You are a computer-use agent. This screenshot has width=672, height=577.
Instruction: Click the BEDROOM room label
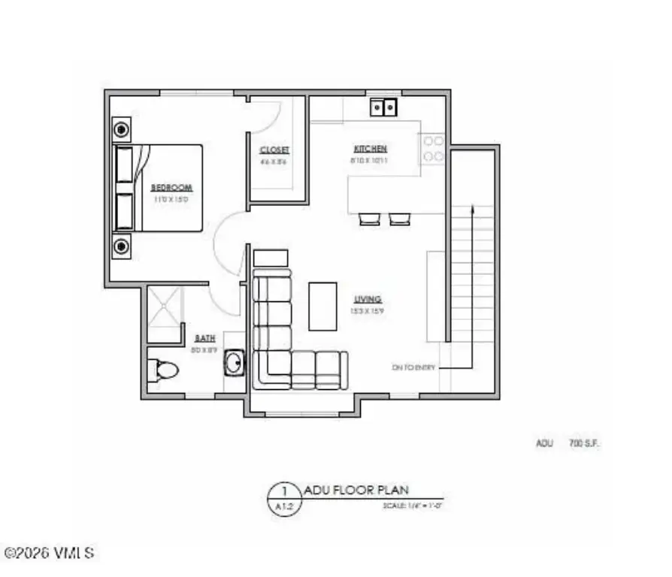click(x=172, y=187)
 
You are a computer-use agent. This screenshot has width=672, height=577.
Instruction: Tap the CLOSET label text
click(x=274, y=150)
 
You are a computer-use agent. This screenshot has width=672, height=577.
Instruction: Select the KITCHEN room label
click(x=371, y=149)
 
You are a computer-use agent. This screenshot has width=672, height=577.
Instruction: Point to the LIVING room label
click(x=368, y=298)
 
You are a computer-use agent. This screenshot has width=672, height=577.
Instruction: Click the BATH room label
click(x=205, y=339)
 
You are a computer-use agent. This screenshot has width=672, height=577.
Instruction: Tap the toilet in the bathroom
click(x=163, y=369)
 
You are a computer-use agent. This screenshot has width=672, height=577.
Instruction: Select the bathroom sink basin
click(x=235, y=364)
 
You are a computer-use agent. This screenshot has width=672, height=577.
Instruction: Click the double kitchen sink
click(x=383, y=108)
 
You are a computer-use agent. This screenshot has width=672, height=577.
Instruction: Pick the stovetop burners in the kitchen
click(x=432, y=148)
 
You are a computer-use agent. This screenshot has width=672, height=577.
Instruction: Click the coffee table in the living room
click(x=323, y=306)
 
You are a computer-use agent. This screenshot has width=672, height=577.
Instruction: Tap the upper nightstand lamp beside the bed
click(x=121, y=129)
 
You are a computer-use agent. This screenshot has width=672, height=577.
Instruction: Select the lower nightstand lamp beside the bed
click(x=121, y=245)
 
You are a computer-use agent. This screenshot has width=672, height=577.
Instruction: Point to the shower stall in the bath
click(x=165, y=307)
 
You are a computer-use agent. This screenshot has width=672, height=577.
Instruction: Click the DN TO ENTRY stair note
click(x=413, y=367)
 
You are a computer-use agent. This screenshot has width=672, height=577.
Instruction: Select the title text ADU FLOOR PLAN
click(x=356, y=490)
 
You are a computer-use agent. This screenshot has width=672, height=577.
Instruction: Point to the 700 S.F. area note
click(x=584, y=443)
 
